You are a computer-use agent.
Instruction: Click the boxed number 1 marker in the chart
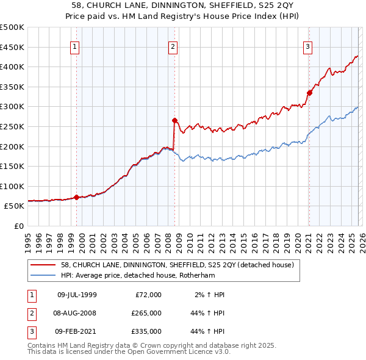pyautogui.click(x=74, y=46)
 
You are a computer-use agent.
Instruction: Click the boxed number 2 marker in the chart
pyautogui.click(x=173, y=46)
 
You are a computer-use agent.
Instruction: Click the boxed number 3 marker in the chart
pyautogui.click(x=307, y=46)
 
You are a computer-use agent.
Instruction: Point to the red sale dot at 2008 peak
pyautogui.click(x=174, y=121)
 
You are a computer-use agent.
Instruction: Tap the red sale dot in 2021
pyautogui.click(x=309, y=93)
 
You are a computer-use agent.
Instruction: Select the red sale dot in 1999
pyautogui.click(x=76, y=197)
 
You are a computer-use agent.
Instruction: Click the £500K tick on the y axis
pyautogui.click(x=12, y=27)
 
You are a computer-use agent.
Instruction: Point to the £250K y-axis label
pyautogui.click(x=12, y=126)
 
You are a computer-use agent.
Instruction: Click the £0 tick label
pyautogui.click(x=18, y=226)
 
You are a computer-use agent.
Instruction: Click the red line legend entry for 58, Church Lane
pyautogui.click(x=177, y=265)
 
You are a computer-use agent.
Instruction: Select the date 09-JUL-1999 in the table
pyautogui.click(x=76, y=295)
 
